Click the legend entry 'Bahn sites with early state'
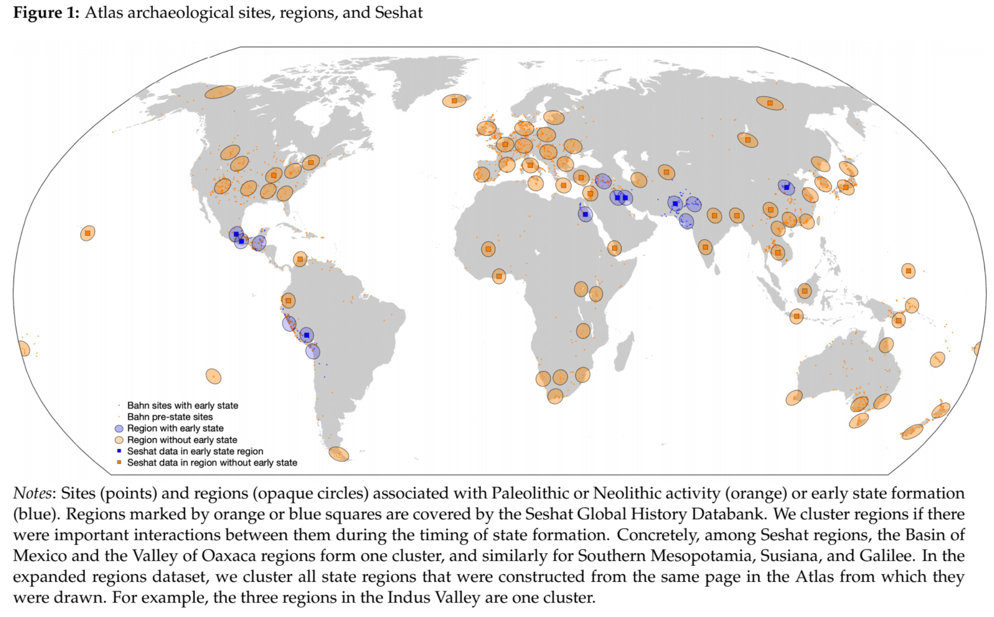pyautogui.click(x=182, y=406)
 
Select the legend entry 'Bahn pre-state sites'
pyautogui.click(x=170, y=417)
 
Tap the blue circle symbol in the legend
pyautogui.click(x=119, y=429)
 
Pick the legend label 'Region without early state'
pyautogui.click(x=182, y=440)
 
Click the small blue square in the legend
pyautogui.click(x=119, y=451)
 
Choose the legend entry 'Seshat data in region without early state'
pyautogui.click(x=212, y=463)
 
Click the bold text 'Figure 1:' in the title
pyautogui.click(x=46, y=13)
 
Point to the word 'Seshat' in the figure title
pyautogui.click(x=398, y=13)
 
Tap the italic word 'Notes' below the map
pyautogui.click(x=32, y=493)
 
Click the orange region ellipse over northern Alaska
pyautogui.click(x=220, y=92)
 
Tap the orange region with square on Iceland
pyautogui.click(x=454, y=101)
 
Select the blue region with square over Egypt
pyautogui.click(x=585, y=214)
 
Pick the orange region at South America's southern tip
pyautogui.click(x=339, y=454)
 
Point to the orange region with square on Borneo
pyautogui.click(x=804, y=291)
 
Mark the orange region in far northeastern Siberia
pyautogui.click(x=770, y=103)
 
